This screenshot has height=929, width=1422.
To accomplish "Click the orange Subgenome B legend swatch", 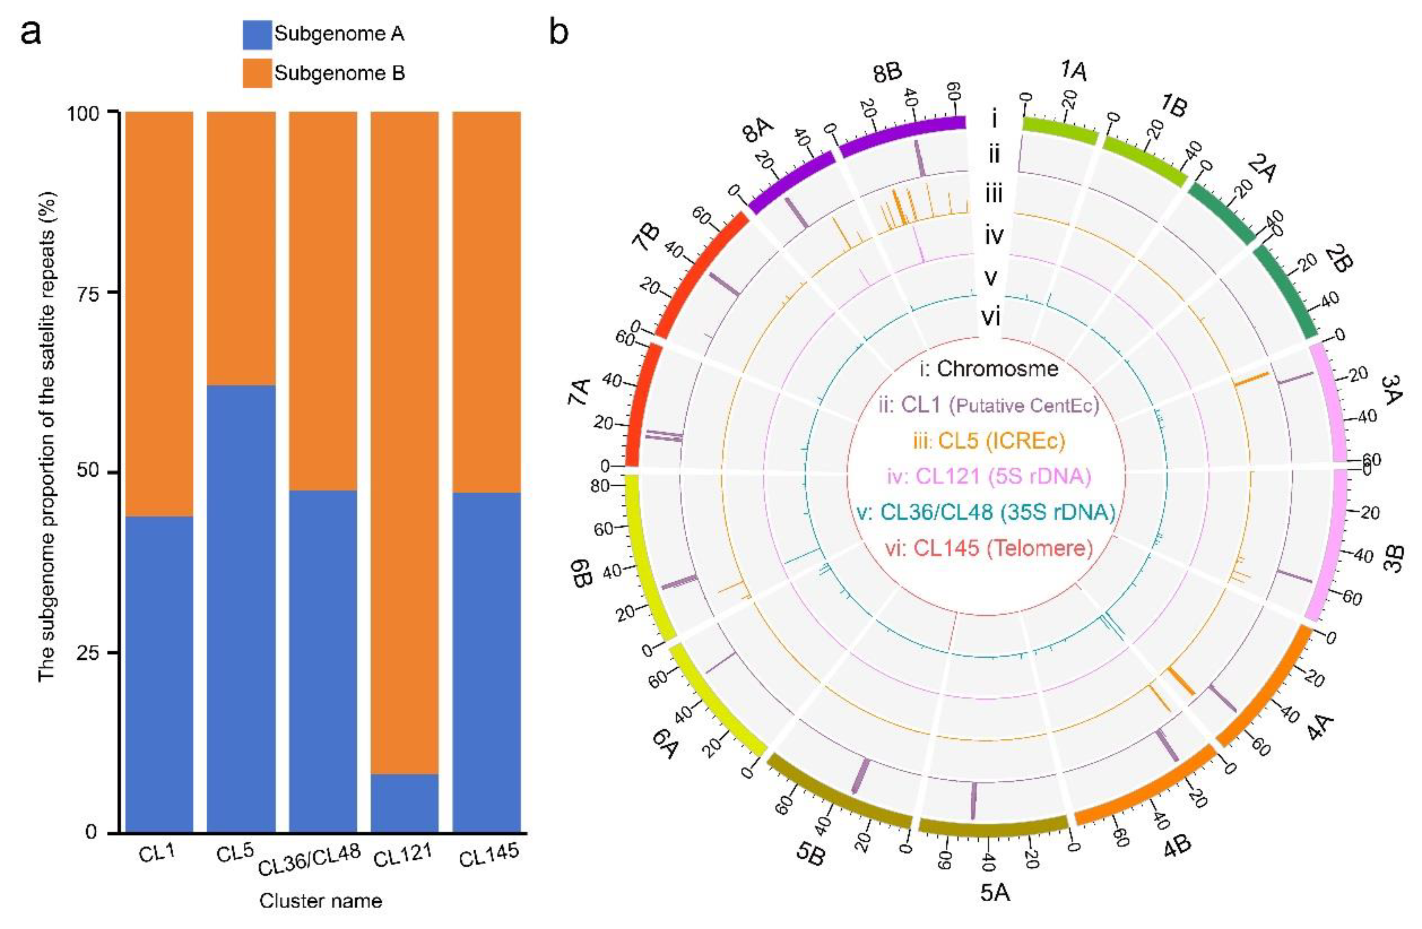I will [x=257, y=73].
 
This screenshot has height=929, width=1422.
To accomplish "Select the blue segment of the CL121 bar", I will [x=405, y=802].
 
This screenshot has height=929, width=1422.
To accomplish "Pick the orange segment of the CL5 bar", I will [x=241, y=248].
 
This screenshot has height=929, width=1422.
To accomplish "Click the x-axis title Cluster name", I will [x=320, y=901].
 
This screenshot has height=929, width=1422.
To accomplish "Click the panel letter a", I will [x=31, y=33].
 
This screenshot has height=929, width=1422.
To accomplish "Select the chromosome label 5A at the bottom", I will [x=995, y=893].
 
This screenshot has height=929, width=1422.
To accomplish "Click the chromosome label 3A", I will [x=1392, y=390].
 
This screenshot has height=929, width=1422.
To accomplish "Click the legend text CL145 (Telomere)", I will [x=989, y=548].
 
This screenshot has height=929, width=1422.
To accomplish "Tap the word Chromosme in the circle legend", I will [x=997, y=369].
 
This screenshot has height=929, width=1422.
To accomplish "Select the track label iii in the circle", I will [x=993, y=194].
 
